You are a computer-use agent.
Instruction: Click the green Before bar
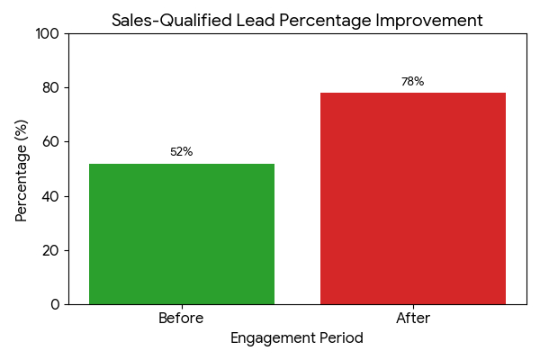tap(182, 234)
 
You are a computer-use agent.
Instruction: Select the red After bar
tap(413, 198)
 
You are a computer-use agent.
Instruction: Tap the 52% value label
tap(182, 152)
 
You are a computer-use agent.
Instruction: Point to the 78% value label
tap(413, 82)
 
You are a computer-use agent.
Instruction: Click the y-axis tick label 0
tap(54, 304)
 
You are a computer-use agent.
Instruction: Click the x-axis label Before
tap(182, 319)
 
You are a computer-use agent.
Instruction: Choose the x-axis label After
tap(413, 319)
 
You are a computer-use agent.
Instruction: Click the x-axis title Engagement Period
tap(297, 339)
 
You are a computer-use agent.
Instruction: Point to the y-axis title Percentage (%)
tap(22, 169)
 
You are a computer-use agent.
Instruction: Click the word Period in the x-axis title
tap(341, 339)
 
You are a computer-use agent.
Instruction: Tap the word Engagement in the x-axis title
tap(273, 339)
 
